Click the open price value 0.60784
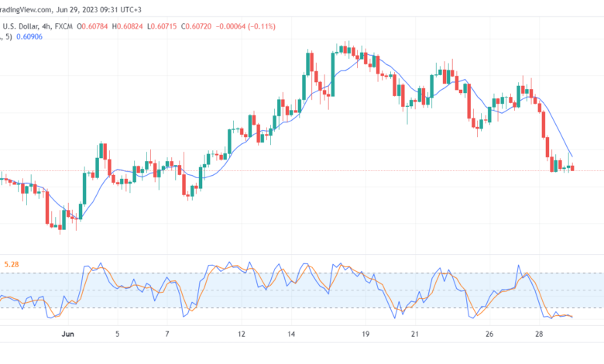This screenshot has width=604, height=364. tap(94, 26)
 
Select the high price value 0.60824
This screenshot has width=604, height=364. tap(130, 26)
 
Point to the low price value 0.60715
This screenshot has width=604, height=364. tap(163, 26)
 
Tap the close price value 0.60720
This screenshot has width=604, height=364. tap(198, 26)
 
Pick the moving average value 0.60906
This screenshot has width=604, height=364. tap(29, 37)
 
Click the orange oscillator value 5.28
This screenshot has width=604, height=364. tap(12, 265)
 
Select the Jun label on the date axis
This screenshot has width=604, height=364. tap(68, 335)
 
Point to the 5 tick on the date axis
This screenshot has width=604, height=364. tap(118, 335)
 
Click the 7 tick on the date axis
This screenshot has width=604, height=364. tap(167, 335)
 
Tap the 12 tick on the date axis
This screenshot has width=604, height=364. tap(242, 335)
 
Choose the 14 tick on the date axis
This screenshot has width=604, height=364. tap(291, 335)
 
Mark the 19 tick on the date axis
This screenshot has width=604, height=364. tap(365, 335)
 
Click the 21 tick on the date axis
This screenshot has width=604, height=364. tap(415, 335)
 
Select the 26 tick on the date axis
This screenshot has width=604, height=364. tap(489, 335)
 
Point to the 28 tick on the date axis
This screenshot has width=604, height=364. tap(539, 335)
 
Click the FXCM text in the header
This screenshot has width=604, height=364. tap(63, 26)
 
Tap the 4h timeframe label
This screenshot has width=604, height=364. tap(46, 26)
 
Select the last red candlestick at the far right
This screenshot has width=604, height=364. tap(572, 167)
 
